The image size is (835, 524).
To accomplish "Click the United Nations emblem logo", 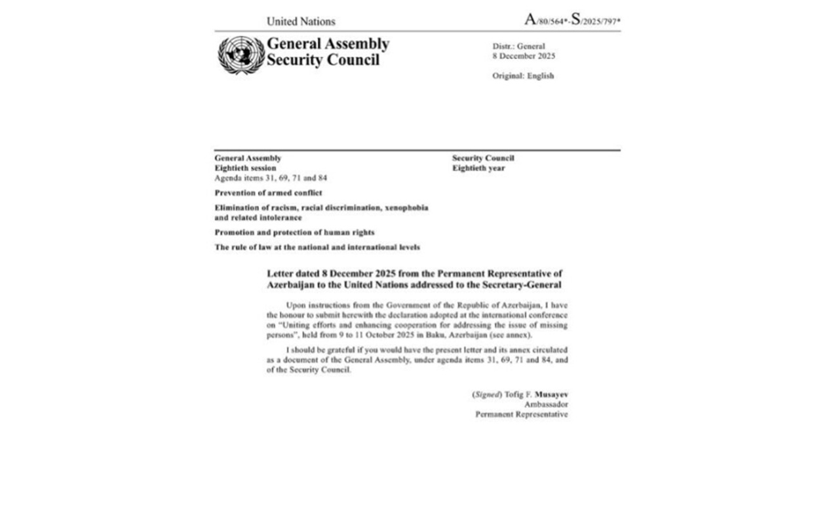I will [x=241, y=55].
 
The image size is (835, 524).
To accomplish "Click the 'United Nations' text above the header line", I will [x=301, y=21].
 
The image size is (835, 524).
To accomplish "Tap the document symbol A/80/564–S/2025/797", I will [x=572, y=20].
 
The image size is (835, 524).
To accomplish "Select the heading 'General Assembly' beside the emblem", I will [x=328, y=44].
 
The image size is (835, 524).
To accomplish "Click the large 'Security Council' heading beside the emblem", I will [x=323, y=60].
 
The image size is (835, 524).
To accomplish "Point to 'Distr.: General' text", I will [x=518, y=47].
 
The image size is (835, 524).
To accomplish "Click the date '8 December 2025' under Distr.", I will [x=524, y=56].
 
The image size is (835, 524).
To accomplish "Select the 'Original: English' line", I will [x=523, y=76].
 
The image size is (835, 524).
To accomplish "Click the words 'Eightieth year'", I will [x=478, y=168].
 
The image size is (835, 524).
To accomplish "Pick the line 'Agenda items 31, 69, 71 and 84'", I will [x=271, y=178].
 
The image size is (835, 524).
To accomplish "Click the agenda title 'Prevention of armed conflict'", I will [x=268, y=193].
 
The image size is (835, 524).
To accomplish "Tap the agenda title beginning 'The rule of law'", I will [x=317, y=248].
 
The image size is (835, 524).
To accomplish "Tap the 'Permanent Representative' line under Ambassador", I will [x=521, y=415].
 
